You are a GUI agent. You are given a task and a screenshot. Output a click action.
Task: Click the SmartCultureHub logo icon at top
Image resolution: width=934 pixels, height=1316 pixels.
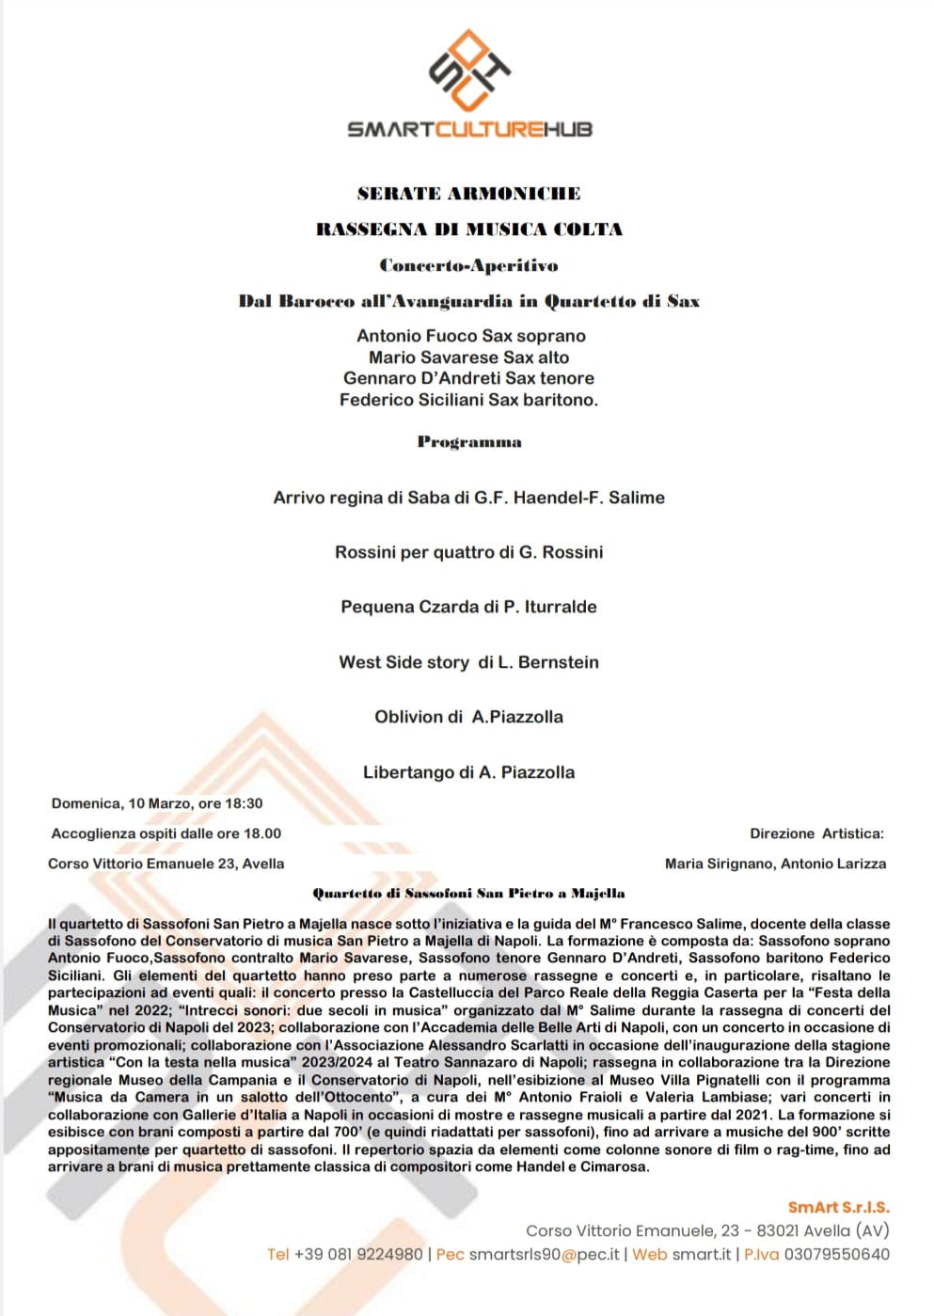point(468,70)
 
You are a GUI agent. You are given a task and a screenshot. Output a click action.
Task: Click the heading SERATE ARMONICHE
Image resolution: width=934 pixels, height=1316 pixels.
point(468,194)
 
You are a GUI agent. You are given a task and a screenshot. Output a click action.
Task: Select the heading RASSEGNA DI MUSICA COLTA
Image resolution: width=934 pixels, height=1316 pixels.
point(468,230)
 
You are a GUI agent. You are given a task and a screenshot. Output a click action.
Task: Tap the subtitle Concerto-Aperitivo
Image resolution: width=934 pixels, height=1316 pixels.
point(468,266)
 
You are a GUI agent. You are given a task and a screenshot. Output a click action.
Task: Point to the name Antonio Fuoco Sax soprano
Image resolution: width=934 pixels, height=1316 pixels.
point(470,336)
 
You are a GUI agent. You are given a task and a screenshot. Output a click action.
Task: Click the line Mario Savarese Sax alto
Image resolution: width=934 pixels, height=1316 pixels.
point(468,357)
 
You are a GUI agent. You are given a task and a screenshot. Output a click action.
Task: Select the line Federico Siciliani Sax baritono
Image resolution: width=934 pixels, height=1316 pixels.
point(468,400)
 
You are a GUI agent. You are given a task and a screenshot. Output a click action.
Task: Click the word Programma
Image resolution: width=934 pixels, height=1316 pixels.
point(468,442)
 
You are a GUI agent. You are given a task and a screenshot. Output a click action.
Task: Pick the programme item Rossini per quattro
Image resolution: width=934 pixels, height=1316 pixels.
point(468,552)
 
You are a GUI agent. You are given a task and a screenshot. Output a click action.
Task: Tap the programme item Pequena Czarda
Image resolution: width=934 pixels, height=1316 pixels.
point(468,607)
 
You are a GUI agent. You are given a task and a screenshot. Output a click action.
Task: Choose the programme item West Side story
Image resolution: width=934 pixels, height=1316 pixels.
point(468,662)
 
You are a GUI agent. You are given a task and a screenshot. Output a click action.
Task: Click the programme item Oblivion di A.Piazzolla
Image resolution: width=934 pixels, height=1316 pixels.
point(468,717)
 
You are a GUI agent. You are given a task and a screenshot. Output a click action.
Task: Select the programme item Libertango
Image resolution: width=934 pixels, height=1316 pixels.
point(468,772)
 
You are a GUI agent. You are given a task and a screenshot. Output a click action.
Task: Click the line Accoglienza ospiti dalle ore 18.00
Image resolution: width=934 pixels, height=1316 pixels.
point(166,833)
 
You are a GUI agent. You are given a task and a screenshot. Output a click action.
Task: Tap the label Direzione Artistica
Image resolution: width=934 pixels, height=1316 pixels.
point(816,833)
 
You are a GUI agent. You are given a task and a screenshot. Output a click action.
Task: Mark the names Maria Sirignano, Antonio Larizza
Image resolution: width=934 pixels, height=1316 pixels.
point(775,864)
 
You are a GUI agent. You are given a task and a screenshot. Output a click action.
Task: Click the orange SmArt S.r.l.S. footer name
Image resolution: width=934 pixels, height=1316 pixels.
point(838,1208)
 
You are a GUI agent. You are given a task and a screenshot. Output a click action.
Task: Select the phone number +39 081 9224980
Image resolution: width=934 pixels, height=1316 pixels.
point(358,1254)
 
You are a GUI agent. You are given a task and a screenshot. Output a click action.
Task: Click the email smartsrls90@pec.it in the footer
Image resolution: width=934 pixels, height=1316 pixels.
point(545,1254)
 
